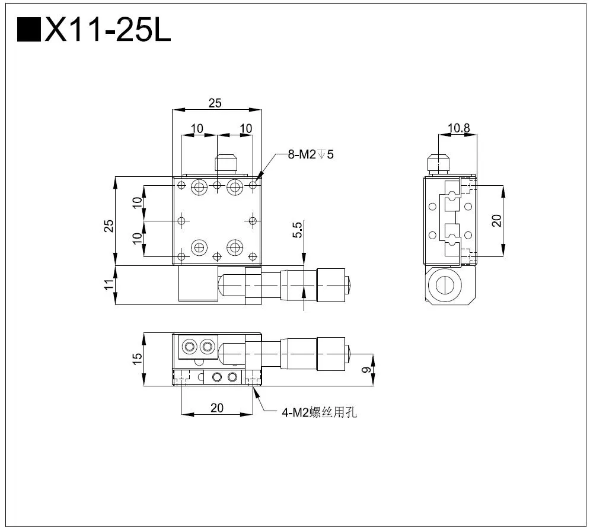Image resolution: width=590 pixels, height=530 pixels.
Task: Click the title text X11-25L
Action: (108, 30)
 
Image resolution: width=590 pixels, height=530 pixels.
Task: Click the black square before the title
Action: (29, 30)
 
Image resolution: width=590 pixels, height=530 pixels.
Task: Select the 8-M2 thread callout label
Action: (311, 155)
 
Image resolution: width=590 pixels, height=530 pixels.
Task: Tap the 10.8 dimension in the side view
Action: (458, 128)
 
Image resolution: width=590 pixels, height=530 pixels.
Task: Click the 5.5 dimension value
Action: (298, 230)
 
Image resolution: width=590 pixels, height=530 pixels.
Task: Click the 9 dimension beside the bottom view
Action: (366, 369)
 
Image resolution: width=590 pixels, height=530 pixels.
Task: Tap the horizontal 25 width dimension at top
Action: (215, 103)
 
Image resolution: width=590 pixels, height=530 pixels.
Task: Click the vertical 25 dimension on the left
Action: (109, 226)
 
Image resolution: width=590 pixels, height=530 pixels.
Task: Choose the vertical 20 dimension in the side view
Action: (497, 220)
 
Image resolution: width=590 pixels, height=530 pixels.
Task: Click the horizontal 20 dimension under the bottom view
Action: (217, 407)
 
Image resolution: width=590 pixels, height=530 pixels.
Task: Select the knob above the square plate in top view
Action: (225, 164)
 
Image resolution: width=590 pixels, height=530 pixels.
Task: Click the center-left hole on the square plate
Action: (181, 221)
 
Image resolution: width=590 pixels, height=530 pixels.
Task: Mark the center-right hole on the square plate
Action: (253, 221)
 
